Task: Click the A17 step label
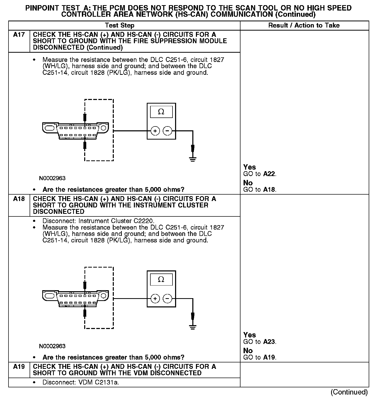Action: pos(19,35)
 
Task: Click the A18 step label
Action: pos(19,199)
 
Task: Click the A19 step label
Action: pos(19,367)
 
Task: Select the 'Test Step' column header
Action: pos(119,25)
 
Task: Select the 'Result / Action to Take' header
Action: pos(304,25)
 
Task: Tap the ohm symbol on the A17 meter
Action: pos(161,112)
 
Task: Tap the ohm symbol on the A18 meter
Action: pos(161,279)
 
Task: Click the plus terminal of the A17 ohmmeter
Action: pos(155,131)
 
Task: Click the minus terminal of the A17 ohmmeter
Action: pos(167,131)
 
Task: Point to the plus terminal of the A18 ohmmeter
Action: pos(155,299)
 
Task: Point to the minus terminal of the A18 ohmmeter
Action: pos(167,299)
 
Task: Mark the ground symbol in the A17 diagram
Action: pos(193,159)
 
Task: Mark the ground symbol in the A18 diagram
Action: pos(193,327)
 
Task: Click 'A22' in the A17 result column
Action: pos(269,174)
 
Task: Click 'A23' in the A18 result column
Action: pos(269,342)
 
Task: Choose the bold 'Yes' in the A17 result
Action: pos(249,167)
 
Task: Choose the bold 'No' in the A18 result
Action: pos(248,351)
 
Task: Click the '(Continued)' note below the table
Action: pos(349,392)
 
